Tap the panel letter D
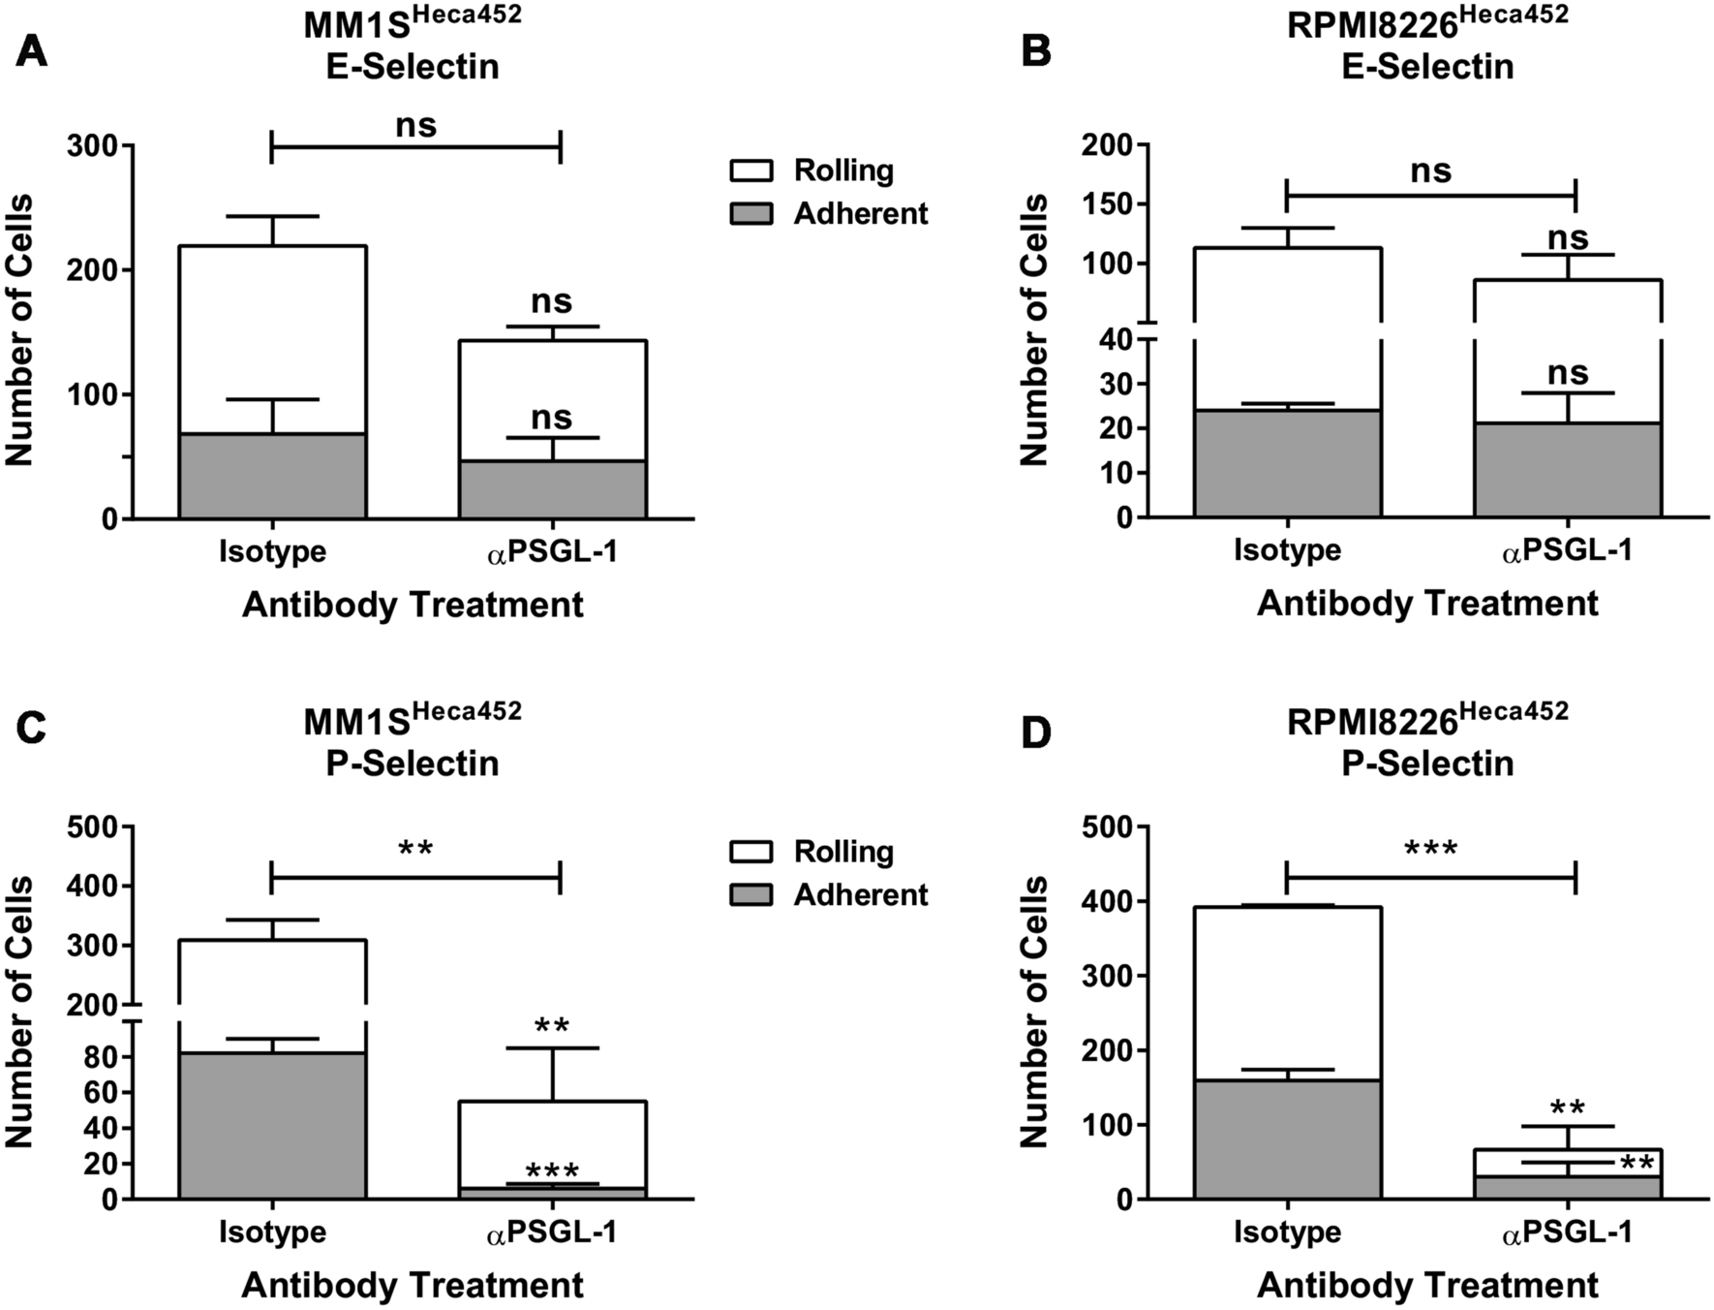click(1036, 733)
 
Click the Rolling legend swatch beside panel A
click(750, 171)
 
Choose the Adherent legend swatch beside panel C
click(750, 895)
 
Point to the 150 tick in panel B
click(1111, 204)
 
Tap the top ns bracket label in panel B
click(1430, 172)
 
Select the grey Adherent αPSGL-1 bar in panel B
click(1567, 470)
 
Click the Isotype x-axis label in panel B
click(1287, 551)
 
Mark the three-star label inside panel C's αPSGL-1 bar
click(552, 1171)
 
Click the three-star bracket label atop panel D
click(1430, 851)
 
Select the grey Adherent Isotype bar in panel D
click(1287, 1139)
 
